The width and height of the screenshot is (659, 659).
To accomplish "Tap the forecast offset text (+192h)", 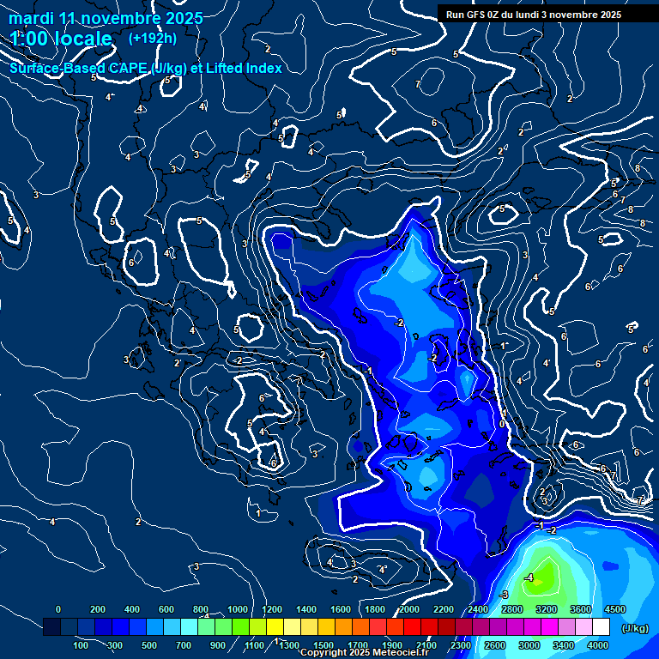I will pos(152,38).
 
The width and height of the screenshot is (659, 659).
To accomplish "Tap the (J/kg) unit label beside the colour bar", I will pos(634,629).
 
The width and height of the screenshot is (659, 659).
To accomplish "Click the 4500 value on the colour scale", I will pos(614,609).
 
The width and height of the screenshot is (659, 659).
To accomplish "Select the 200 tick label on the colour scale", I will pos(98,609).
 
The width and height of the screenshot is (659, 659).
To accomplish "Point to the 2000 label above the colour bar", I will pos(409,609).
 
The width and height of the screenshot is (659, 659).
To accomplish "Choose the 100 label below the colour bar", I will pos(82,645).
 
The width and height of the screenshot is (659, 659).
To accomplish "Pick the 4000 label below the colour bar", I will pos(598,645).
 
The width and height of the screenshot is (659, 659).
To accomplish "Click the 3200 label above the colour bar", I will pos(547,609).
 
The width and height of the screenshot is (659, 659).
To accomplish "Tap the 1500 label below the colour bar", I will pos(323,645).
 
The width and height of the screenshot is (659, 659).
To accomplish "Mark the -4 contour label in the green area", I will pos(529,577).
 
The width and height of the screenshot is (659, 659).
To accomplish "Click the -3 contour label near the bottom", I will pos(505,594).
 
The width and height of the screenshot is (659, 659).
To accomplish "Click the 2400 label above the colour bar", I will pos(478,609).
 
